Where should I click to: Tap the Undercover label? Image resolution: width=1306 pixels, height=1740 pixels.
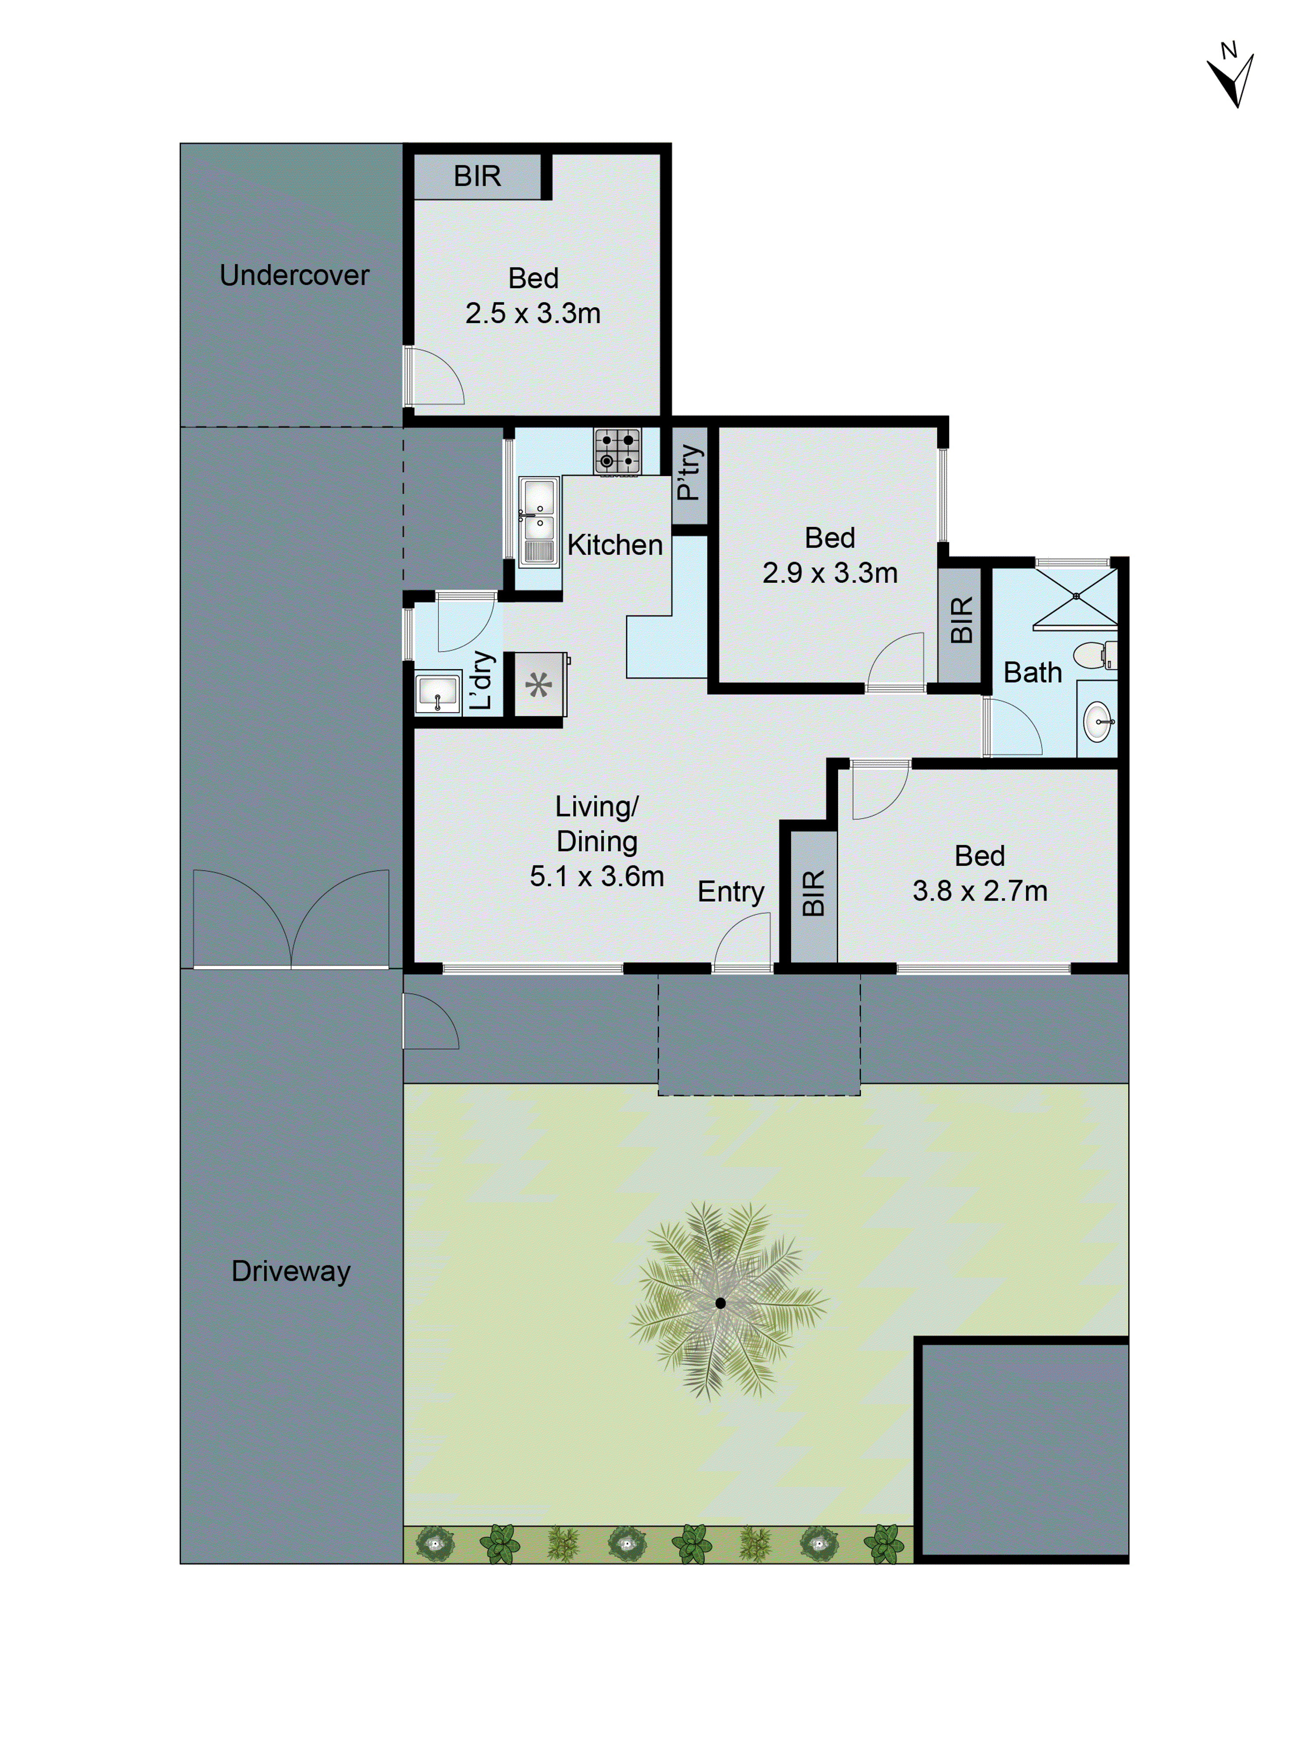[294, 275]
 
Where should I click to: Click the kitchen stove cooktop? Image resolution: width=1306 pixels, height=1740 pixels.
[617, 451]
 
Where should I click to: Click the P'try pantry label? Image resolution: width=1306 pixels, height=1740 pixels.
[689, 473]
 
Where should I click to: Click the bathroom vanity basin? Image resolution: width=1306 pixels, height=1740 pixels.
[1097, 721]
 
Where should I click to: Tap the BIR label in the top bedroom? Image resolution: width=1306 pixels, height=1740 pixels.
[477, 176]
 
